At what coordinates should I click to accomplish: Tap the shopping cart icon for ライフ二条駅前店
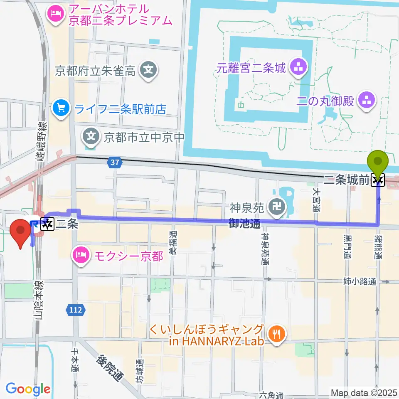point(61,109)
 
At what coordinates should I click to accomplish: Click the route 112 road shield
point(75,310)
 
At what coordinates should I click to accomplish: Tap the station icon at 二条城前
point(378,180)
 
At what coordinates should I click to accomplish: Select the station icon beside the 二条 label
point(47,224)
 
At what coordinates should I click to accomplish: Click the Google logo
point(28,389)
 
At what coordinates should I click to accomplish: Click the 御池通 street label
point(245,224)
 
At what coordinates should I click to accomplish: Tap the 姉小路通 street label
point(360,282)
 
